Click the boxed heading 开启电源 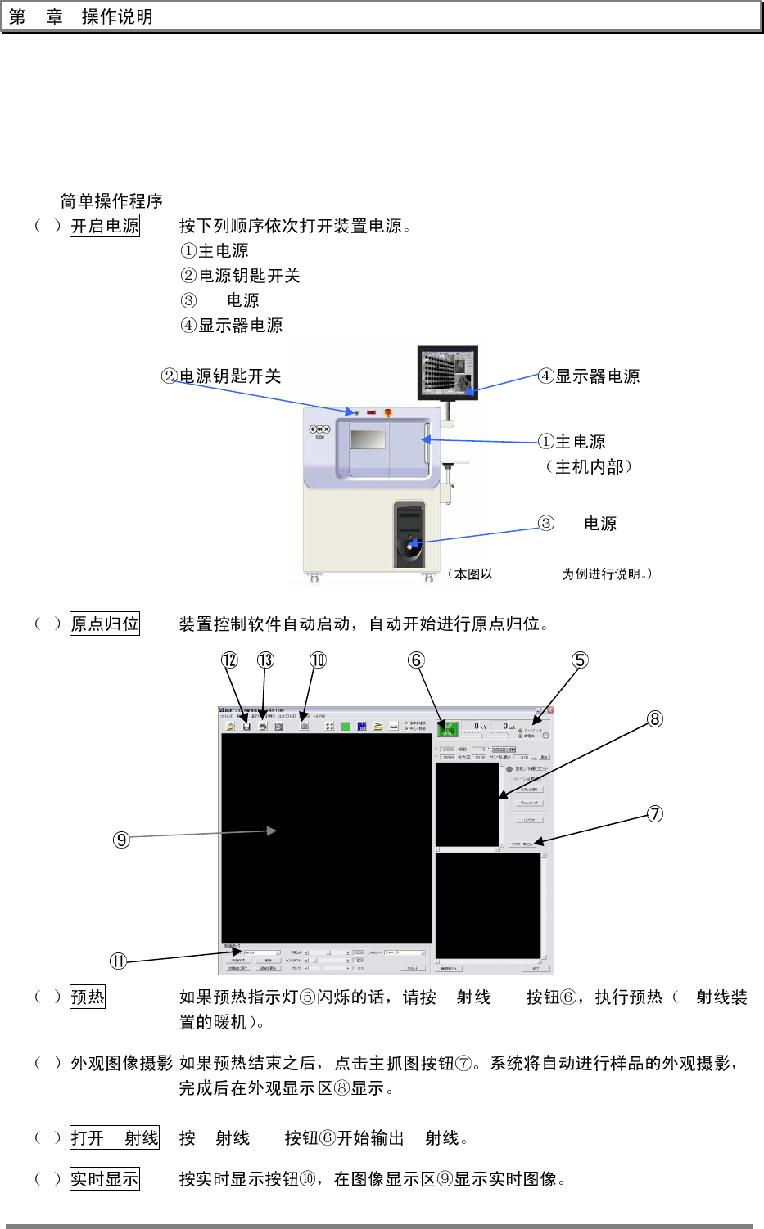(105, 226)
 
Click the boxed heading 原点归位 (105, 624)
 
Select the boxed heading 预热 (88, 997)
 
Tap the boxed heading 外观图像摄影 (122, 1063)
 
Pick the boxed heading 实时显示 (105, 1179)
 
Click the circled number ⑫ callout (230, 660)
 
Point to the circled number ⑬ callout (265, 660)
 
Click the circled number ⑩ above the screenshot (318, 660)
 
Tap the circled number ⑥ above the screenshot (417, 660)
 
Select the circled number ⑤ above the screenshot (580, 660)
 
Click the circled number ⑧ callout (655, 719)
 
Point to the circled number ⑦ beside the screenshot (655, 814)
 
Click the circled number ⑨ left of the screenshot (121, 840)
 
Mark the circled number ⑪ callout (119, 961)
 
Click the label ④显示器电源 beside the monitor (589, 376)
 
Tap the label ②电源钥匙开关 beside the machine (222, 376)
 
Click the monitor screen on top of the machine (447, 371)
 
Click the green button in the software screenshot (447, 728)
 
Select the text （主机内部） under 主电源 (589, 467)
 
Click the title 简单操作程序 (111, 201)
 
